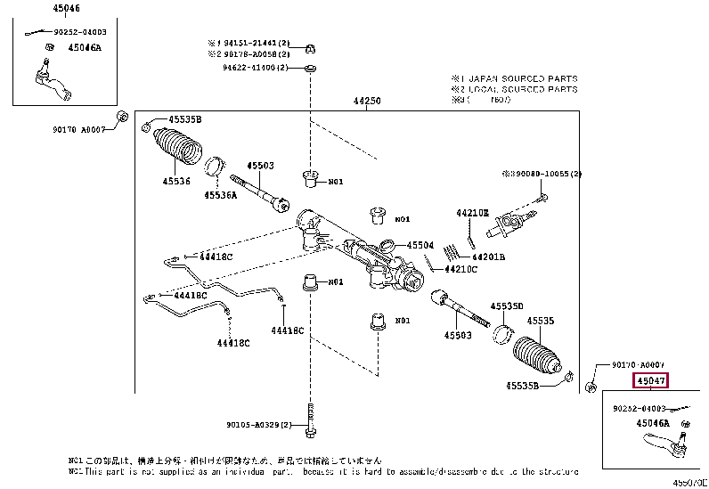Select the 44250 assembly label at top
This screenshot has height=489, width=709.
(x=367, y=102)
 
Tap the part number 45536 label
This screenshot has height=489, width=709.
(x=175, y=182)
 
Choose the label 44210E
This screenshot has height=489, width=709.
(x=472, y=214)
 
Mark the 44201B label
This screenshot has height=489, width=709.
(x=489, y=257)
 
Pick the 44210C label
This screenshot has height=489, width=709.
(x=461, y=268)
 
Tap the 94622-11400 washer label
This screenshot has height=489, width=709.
(x=257, y=68)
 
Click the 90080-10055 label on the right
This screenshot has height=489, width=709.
(x=545, y=174)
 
